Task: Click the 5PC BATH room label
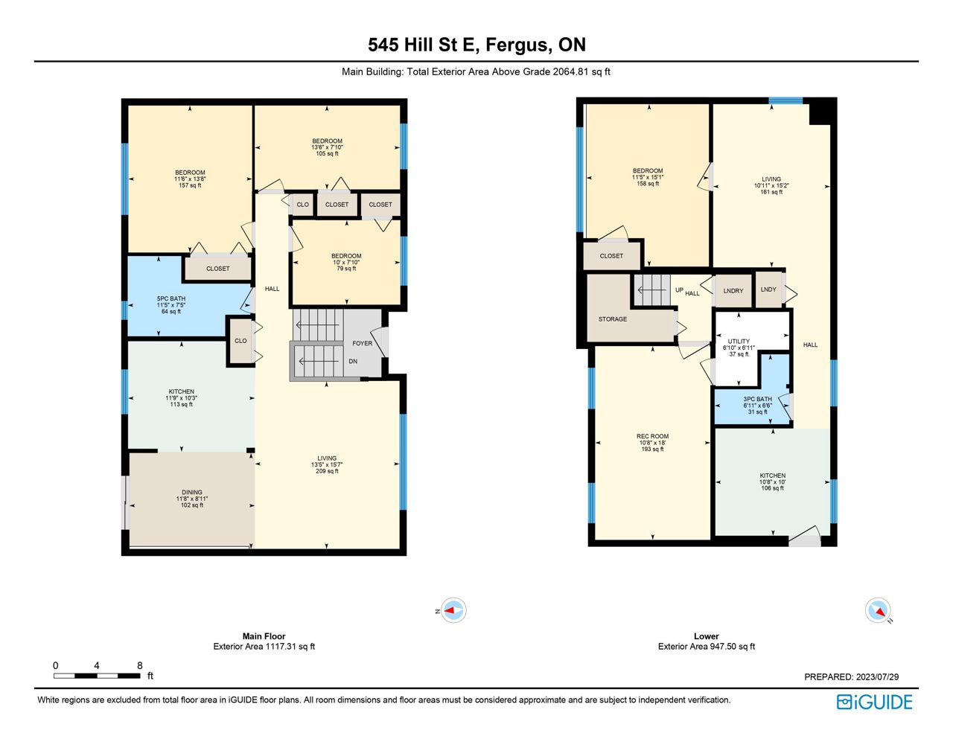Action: click(x=171, y=298)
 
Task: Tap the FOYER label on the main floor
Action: click(x=363, y=343)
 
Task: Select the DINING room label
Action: click(x=192, y=492)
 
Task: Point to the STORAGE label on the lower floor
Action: click(x=613, y=319)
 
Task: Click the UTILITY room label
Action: click(x=739, y=341)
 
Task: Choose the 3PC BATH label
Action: click(x=758, y=399)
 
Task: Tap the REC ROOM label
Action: click(x=653, y=436)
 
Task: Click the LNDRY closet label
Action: click(x=733, y=291)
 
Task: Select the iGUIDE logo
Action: click(x=875, y=702)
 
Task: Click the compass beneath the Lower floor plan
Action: click(x=879, y=609)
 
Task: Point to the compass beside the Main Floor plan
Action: click(x=452, y=609)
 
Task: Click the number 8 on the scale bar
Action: click(x=140, y=665)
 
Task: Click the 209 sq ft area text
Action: click(x=327, y=471)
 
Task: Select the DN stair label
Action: click(x=353, y=361)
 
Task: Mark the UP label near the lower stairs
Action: click(x=679, y=289)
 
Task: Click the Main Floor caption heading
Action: click(x=264, y=636)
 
